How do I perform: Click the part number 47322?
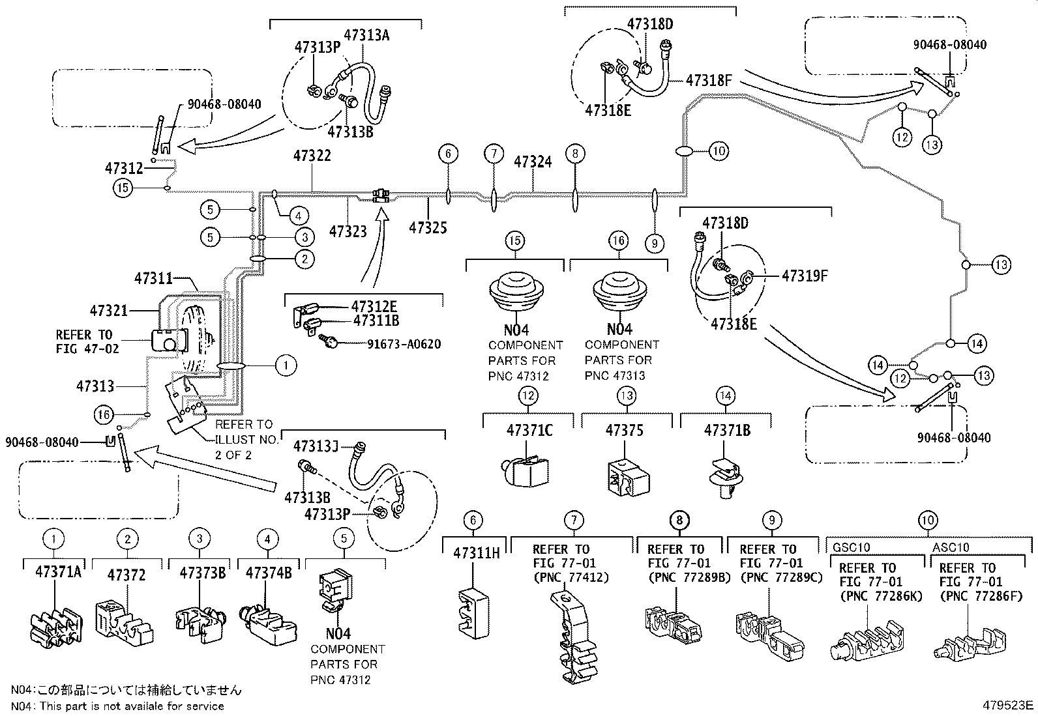click(x=312, y=156)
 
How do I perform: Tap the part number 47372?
click(x=126, y=575)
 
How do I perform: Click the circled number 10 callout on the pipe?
click(x=719, y=151)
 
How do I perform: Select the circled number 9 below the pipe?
click(x=654, y=243)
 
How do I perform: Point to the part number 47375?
click(x=624, y=430)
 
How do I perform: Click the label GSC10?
click(x=851, y=547)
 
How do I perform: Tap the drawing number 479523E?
click(x=1009, y=705)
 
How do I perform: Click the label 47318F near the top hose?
click(x=709, y=80)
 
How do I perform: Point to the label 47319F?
click(x=805, y=276)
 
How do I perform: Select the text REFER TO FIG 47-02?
click(x=87, y=341)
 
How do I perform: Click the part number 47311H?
click(x=476, y=554)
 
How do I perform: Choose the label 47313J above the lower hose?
click(x=316, y=446)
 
